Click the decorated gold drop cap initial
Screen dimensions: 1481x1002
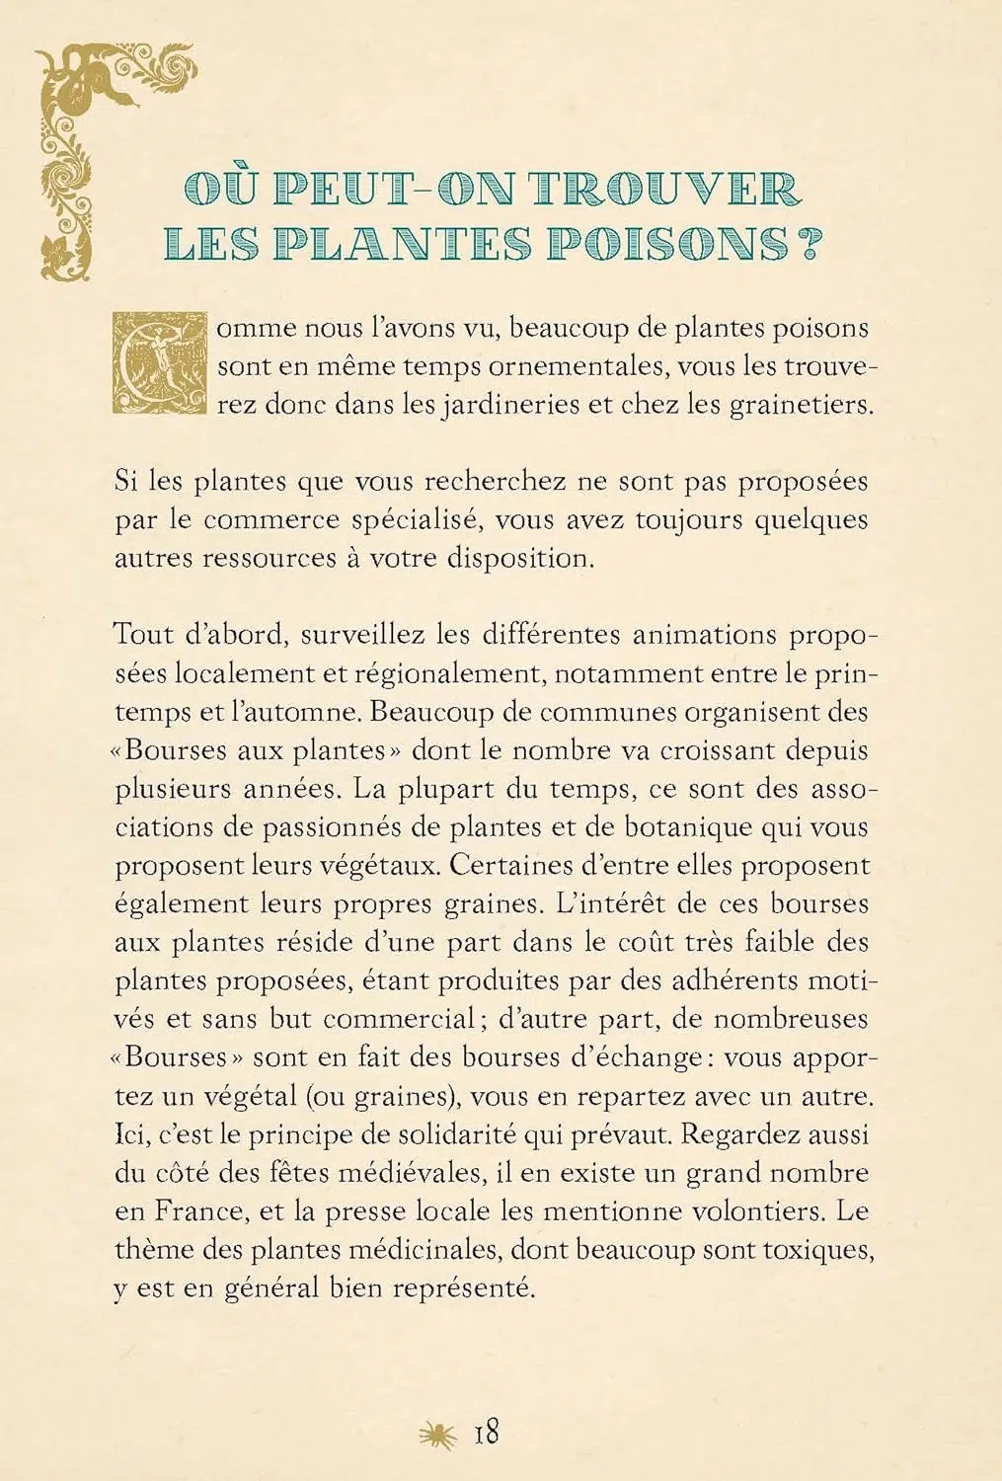coord(161,362)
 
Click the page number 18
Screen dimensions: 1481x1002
coord(487,1432)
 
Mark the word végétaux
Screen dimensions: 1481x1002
coord(379,866)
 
